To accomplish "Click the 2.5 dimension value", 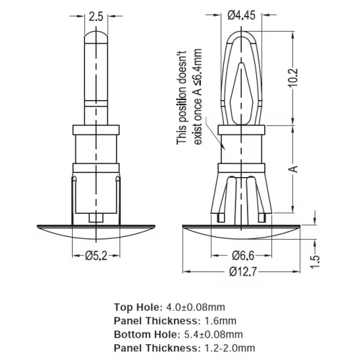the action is click(x=96, y=17).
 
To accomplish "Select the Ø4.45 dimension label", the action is click(x=241, y=15).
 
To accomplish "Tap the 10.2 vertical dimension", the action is click(x=293, y=78).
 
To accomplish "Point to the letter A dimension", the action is click(x=293, y=169).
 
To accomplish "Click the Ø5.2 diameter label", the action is click(x=96, y=256).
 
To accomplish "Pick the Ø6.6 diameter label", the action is click(x=243, y=256).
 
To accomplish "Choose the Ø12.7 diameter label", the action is click(x=243, y=271).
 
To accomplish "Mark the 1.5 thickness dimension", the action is click(x=315, y=262).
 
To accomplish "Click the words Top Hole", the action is click(x=136, y=307).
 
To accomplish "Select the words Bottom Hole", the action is click(x=146, y=334).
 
